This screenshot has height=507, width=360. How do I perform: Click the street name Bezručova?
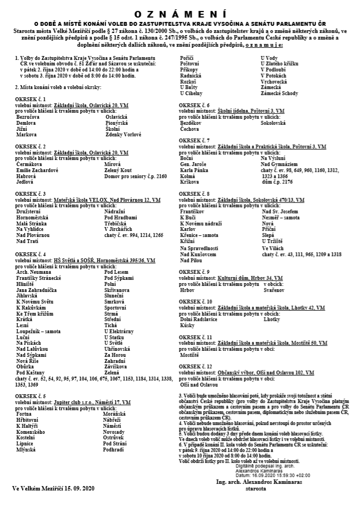click(28, 117)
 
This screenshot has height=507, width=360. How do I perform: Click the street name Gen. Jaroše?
click(193, 164)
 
